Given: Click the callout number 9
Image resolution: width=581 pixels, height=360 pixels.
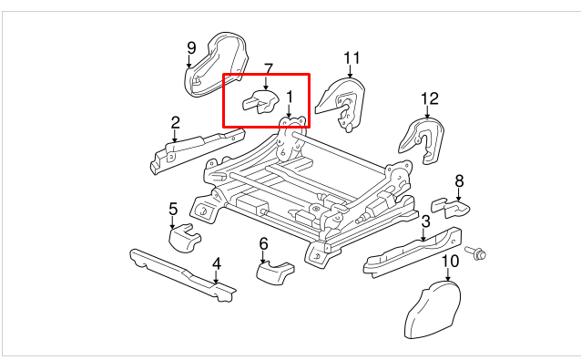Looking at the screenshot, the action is pos(191,47).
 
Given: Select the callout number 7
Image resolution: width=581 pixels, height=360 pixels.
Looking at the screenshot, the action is pos(269,69).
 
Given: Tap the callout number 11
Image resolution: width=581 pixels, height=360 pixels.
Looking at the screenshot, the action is pos(352,58).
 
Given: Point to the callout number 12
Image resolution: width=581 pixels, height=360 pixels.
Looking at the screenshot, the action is pos(430,98).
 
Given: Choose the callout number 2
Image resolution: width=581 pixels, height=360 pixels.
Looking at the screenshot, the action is pos(175,123).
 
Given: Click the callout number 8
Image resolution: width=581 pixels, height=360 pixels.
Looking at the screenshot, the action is pos(459,181).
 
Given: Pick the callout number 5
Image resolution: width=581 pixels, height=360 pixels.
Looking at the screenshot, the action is pos(173,209).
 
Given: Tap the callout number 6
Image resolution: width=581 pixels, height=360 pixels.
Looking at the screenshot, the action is pos(263,244).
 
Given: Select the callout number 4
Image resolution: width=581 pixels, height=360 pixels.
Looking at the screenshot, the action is pos(217,264).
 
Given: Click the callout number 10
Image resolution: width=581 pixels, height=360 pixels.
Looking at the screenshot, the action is pos(450,262).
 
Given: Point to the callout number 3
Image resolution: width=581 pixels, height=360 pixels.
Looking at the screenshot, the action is pos(426,221).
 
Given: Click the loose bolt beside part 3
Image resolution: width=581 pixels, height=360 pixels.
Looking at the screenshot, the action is pos(475,252).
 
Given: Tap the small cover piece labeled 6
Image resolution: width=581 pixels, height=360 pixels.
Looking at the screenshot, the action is pos(275,273).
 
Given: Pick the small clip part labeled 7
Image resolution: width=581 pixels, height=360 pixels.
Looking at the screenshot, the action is pos(260,101).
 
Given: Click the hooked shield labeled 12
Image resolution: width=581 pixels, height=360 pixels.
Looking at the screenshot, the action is pos(423,141).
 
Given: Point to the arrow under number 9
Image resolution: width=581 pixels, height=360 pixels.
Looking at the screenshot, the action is pos(189,61).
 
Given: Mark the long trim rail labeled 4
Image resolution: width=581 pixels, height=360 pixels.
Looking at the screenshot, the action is pos(183,274).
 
